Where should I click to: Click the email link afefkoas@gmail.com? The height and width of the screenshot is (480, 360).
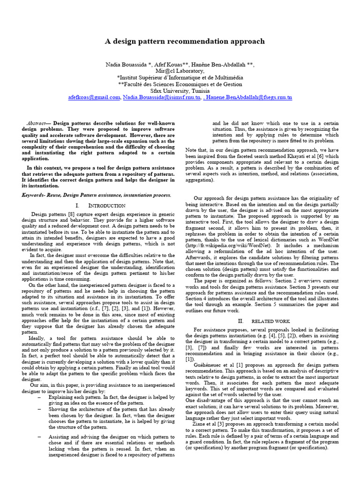click(x=94, y=97)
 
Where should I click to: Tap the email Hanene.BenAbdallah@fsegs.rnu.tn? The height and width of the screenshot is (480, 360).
click(x=251, y=97)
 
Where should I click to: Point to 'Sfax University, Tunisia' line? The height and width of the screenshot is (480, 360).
click(x=180, y=90)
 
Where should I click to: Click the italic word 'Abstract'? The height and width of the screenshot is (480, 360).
click(x=36, y=123)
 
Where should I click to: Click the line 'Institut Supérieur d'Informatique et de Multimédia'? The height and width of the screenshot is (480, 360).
click(x=180, y=77)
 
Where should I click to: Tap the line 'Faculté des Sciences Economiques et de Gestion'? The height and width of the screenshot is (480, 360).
click(x=180, y=84)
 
